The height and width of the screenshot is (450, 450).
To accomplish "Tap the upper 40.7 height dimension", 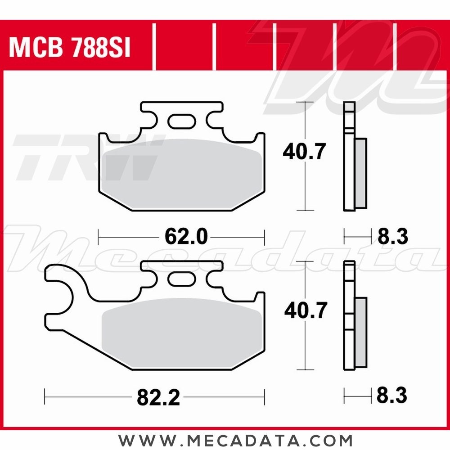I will (304, 152).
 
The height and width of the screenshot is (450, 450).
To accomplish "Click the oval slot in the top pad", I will (182, 121).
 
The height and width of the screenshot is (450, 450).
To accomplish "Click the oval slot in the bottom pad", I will (182, 279).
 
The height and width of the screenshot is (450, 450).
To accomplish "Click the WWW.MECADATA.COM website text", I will (235, 440).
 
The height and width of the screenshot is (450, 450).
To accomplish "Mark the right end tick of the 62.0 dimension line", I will (264, 236).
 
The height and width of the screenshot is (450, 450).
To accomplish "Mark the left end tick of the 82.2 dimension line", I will (45, 397).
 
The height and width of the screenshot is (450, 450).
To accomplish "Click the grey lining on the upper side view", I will (360, 173).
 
